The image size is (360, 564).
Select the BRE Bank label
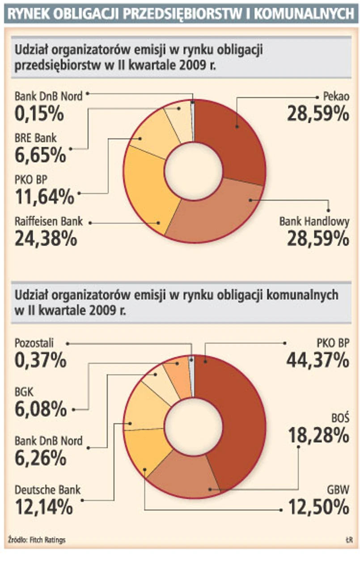pyautogui.click(x=36, y=138)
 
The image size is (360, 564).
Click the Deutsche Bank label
pyautogui.click(x=47, y=490)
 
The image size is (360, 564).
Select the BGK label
pyautogui.click(x=24, y=392)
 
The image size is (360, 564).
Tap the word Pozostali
pyautogui.click(x=34, y=343)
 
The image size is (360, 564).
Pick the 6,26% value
pyautogui.click(x=40, y=458)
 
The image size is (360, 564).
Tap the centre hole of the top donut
pyautogui.click(x=193, y=172)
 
